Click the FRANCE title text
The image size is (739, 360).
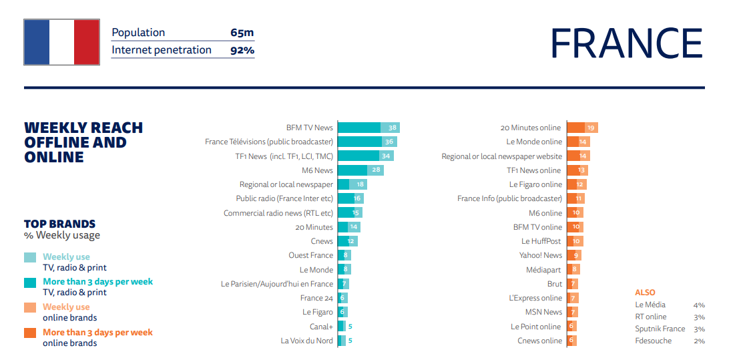click(x=626, y=43)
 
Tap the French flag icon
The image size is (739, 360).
click(x=61, y=42)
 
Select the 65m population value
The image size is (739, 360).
click(x=242, y=33)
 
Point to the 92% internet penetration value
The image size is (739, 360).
click(x=242, y=50)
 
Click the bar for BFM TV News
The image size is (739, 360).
click(x=368, y=128)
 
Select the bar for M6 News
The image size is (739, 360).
click(x=360, y=170)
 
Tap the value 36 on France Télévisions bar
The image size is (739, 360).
click(x=389, y=142)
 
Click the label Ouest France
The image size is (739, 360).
click(x=310, y=255)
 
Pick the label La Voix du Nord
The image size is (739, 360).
click(x=306, y=341)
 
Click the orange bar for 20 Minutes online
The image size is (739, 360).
click(x=581, y=128)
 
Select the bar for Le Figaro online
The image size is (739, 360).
click(x=577, y=184)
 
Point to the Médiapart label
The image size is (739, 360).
click(x=544, y=270)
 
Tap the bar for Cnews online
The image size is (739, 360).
click(x=571, y=341)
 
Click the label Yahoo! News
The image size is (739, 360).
click(x=541, y=255)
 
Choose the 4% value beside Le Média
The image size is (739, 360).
click(x=699, y=305)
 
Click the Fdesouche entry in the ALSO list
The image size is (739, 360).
click(x=653, y=341)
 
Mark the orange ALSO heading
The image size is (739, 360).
click(x=645, y=293)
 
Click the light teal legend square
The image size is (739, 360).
click(x=30, y=257)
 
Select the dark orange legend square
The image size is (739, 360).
click(x=30, y=332)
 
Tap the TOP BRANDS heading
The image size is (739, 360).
click(x=59, y=224)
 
